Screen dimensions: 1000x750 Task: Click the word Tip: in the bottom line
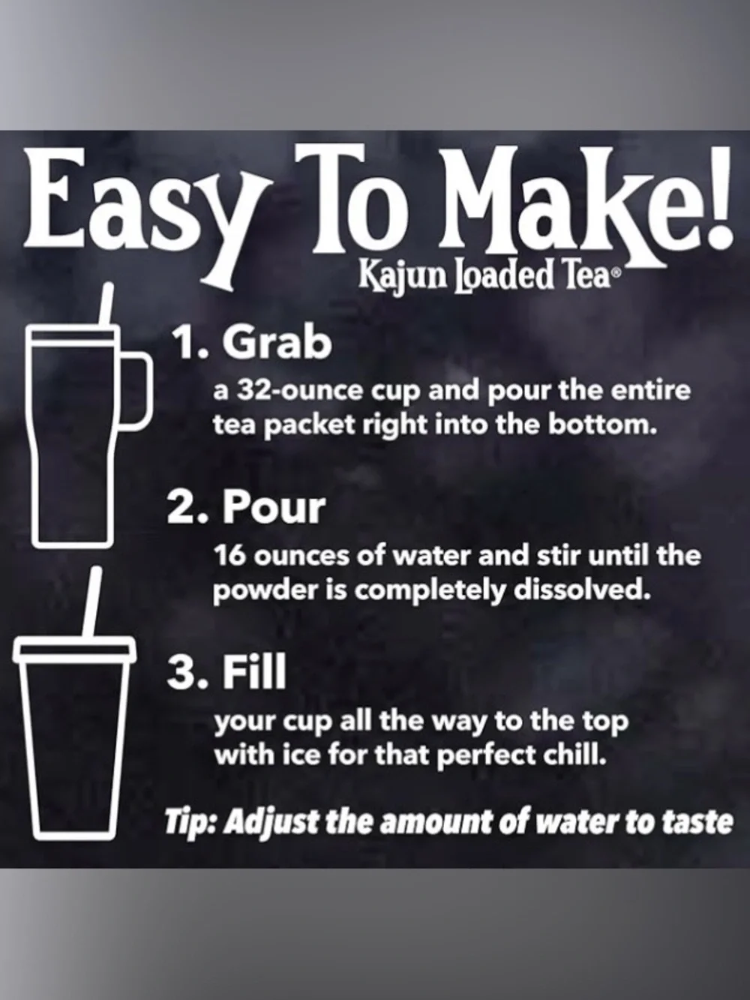click(x=192, y=822)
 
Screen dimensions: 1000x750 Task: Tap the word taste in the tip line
click(x=697, y=822)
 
